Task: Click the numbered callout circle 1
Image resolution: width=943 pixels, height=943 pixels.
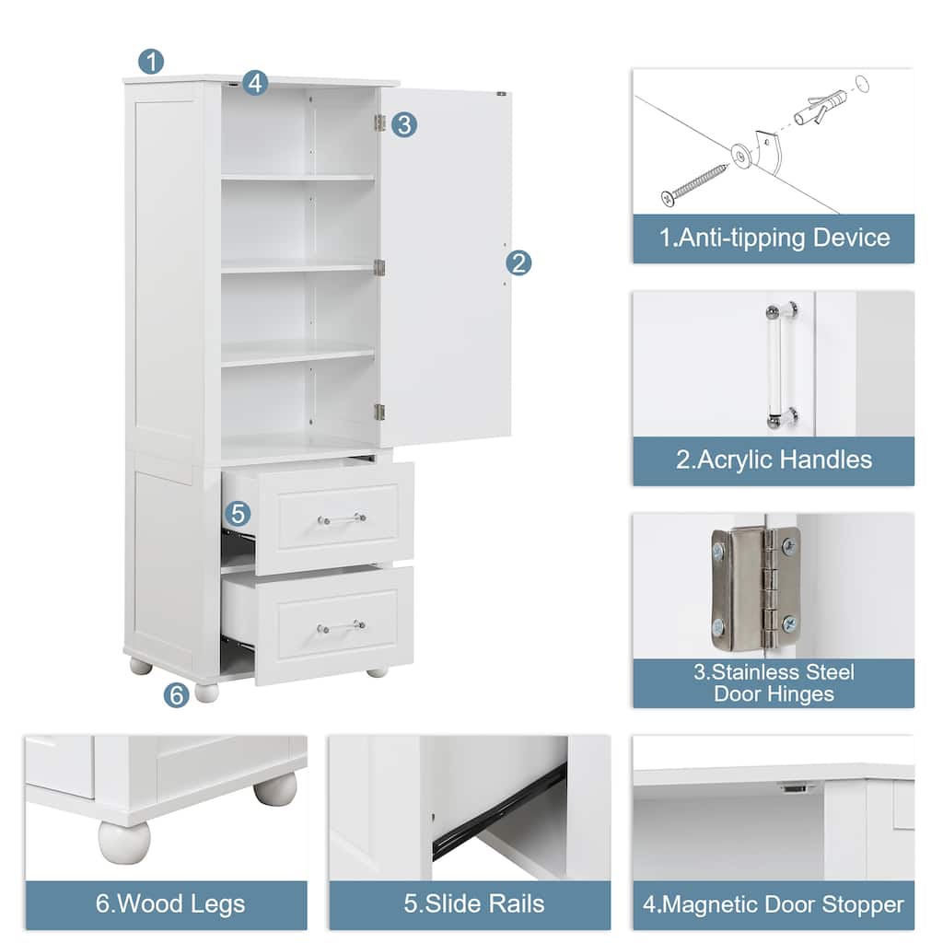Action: [151, 62]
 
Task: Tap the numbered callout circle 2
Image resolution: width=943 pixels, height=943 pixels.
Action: [518, 263]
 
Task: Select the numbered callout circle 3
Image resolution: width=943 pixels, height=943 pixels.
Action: [403, 124]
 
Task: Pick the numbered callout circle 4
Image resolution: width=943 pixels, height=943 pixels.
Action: [255, 83]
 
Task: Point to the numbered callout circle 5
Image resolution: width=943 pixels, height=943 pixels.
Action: [237, 514]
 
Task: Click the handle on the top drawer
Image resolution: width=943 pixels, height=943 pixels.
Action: [342, 518]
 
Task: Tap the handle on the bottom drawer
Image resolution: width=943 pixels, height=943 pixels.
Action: [342, 627]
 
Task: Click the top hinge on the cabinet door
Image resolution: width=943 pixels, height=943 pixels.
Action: [379, 122]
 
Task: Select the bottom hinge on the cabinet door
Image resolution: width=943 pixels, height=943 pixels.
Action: [379, 412]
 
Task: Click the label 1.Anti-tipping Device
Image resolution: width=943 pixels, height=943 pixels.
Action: [774, 239]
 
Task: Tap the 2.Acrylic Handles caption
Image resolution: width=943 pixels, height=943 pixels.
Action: [774, 460]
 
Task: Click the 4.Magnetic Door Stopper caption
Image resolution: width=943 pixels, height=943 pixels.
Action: [774, 904]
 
